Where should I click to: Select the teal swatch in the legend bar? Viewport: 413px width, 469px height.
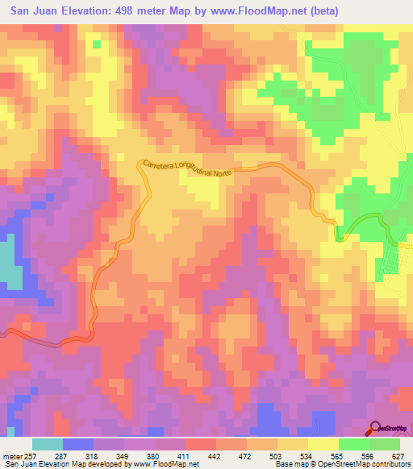pyautogui.click(x=47, y=444)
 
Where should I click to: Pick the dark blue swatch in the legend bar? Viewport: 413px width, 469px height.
pyautogui.click(x=77, y=444)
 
